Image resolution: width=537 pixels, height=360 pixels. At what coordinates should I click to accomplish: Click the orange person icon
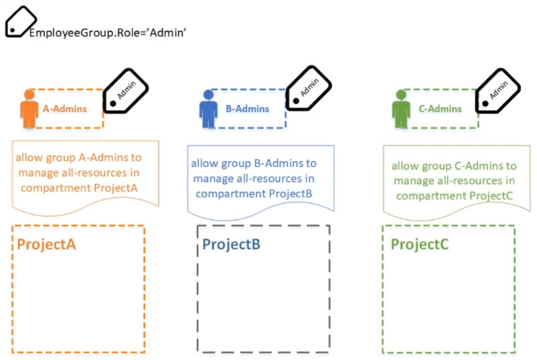[29, 109]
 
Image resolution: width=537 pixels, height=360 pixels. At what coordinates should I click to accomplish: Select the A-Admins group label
[65, 109]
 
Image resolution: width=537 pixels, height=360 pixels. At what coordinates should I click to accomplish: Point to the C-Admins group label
[440, 109]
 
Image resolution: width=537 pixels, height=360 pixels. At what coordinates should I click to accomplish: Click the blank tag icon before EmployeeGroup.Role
[19, 21]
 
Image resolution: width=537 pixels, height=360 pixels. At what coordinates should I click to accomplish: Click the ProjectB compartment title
[231, 244]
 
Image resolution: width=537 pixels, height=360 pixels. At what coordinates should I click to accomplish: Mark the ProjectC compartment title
[421, 244]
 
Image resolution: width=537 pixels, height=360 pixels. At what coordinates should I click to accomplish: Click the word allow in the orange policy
[28, 158]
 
